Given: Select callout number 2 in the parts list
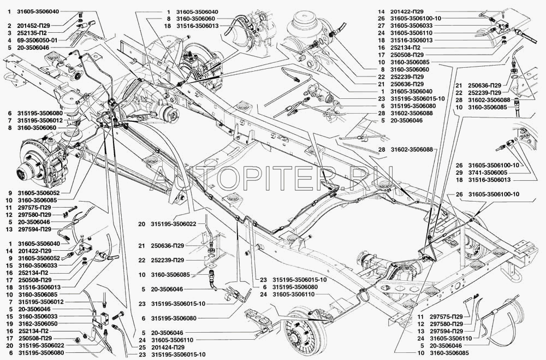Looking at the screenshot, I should [x=9, y=25].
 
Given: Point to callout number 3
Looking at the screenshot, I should [x=9, y=33].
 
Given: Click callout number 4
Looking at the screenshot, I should [x=9, y=40].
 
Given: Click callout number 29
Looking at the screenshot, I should [x=459, y=172].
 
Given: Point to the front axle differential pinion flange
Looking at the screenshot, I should [x=172, y=114].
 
